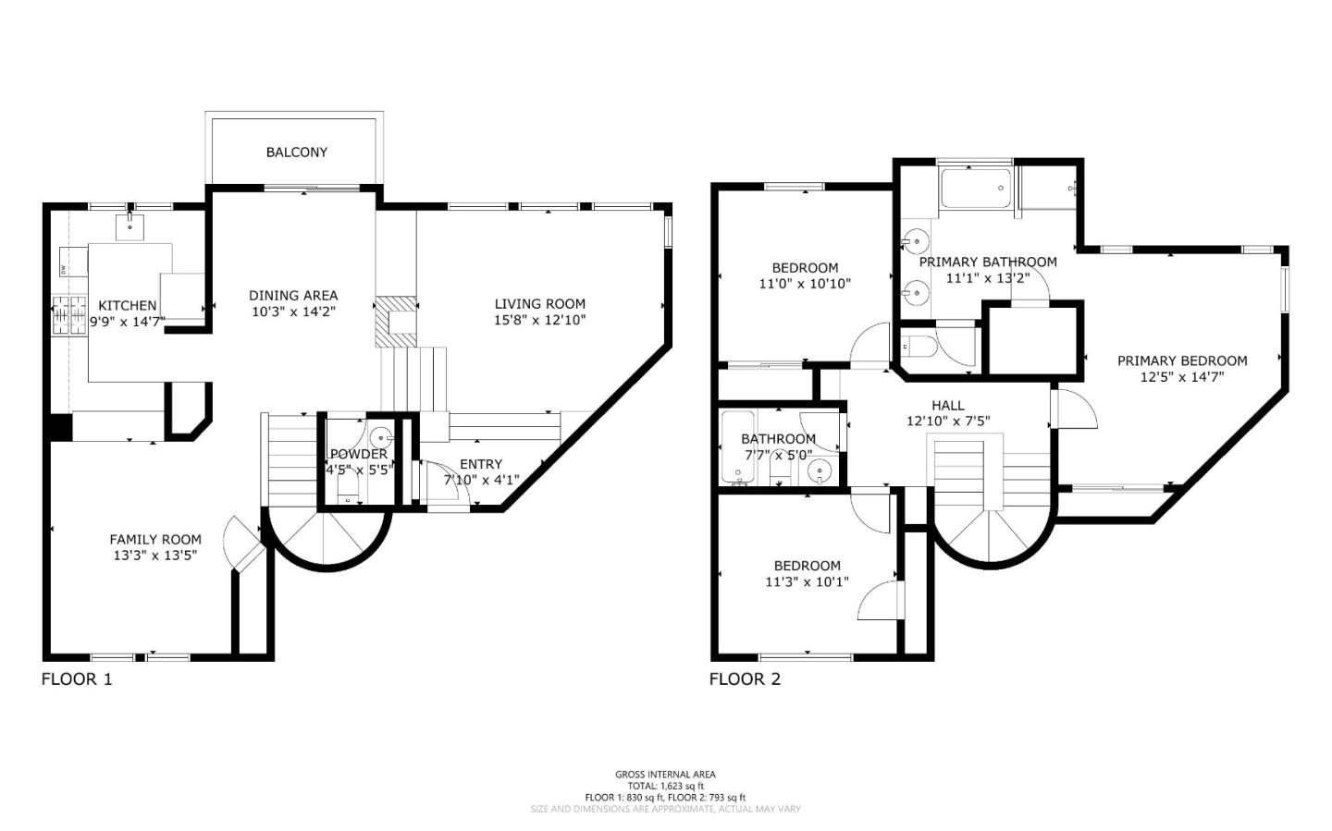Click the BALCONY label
click(x=296, y=152)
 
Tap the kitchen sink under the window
click(x=130, y=224)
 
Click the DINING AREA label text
click(x=293, y=296)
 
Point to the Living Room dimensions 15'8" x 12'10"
click(x=539, y=320)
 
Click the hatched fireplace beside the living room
click(x=395, y=322)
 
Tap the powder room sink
click(x=380, y=437)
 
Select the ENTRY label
click(x=480, y=464)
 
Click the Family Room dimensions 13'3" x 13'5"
click(x=154, y=555)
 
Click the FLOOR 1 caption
click(x=77, y=679)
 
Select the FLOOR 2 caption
click(x=745, y=679)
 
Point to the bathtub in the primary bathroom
click(x=976, y=189)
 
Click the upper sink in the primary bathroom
click(x=915, y=242)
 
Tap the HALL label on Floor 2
click(x=947, y=405)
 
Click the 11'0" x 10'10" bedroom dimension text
click(x=804, y=284)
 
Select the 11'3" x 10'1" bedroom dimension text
click(x=807, y=581)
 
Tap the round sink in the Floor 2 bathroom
click(x=820, y=472)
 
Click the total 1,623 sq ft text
click(x=665, y=786)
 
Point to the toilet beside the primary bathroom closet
click(x=917, y=348)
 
